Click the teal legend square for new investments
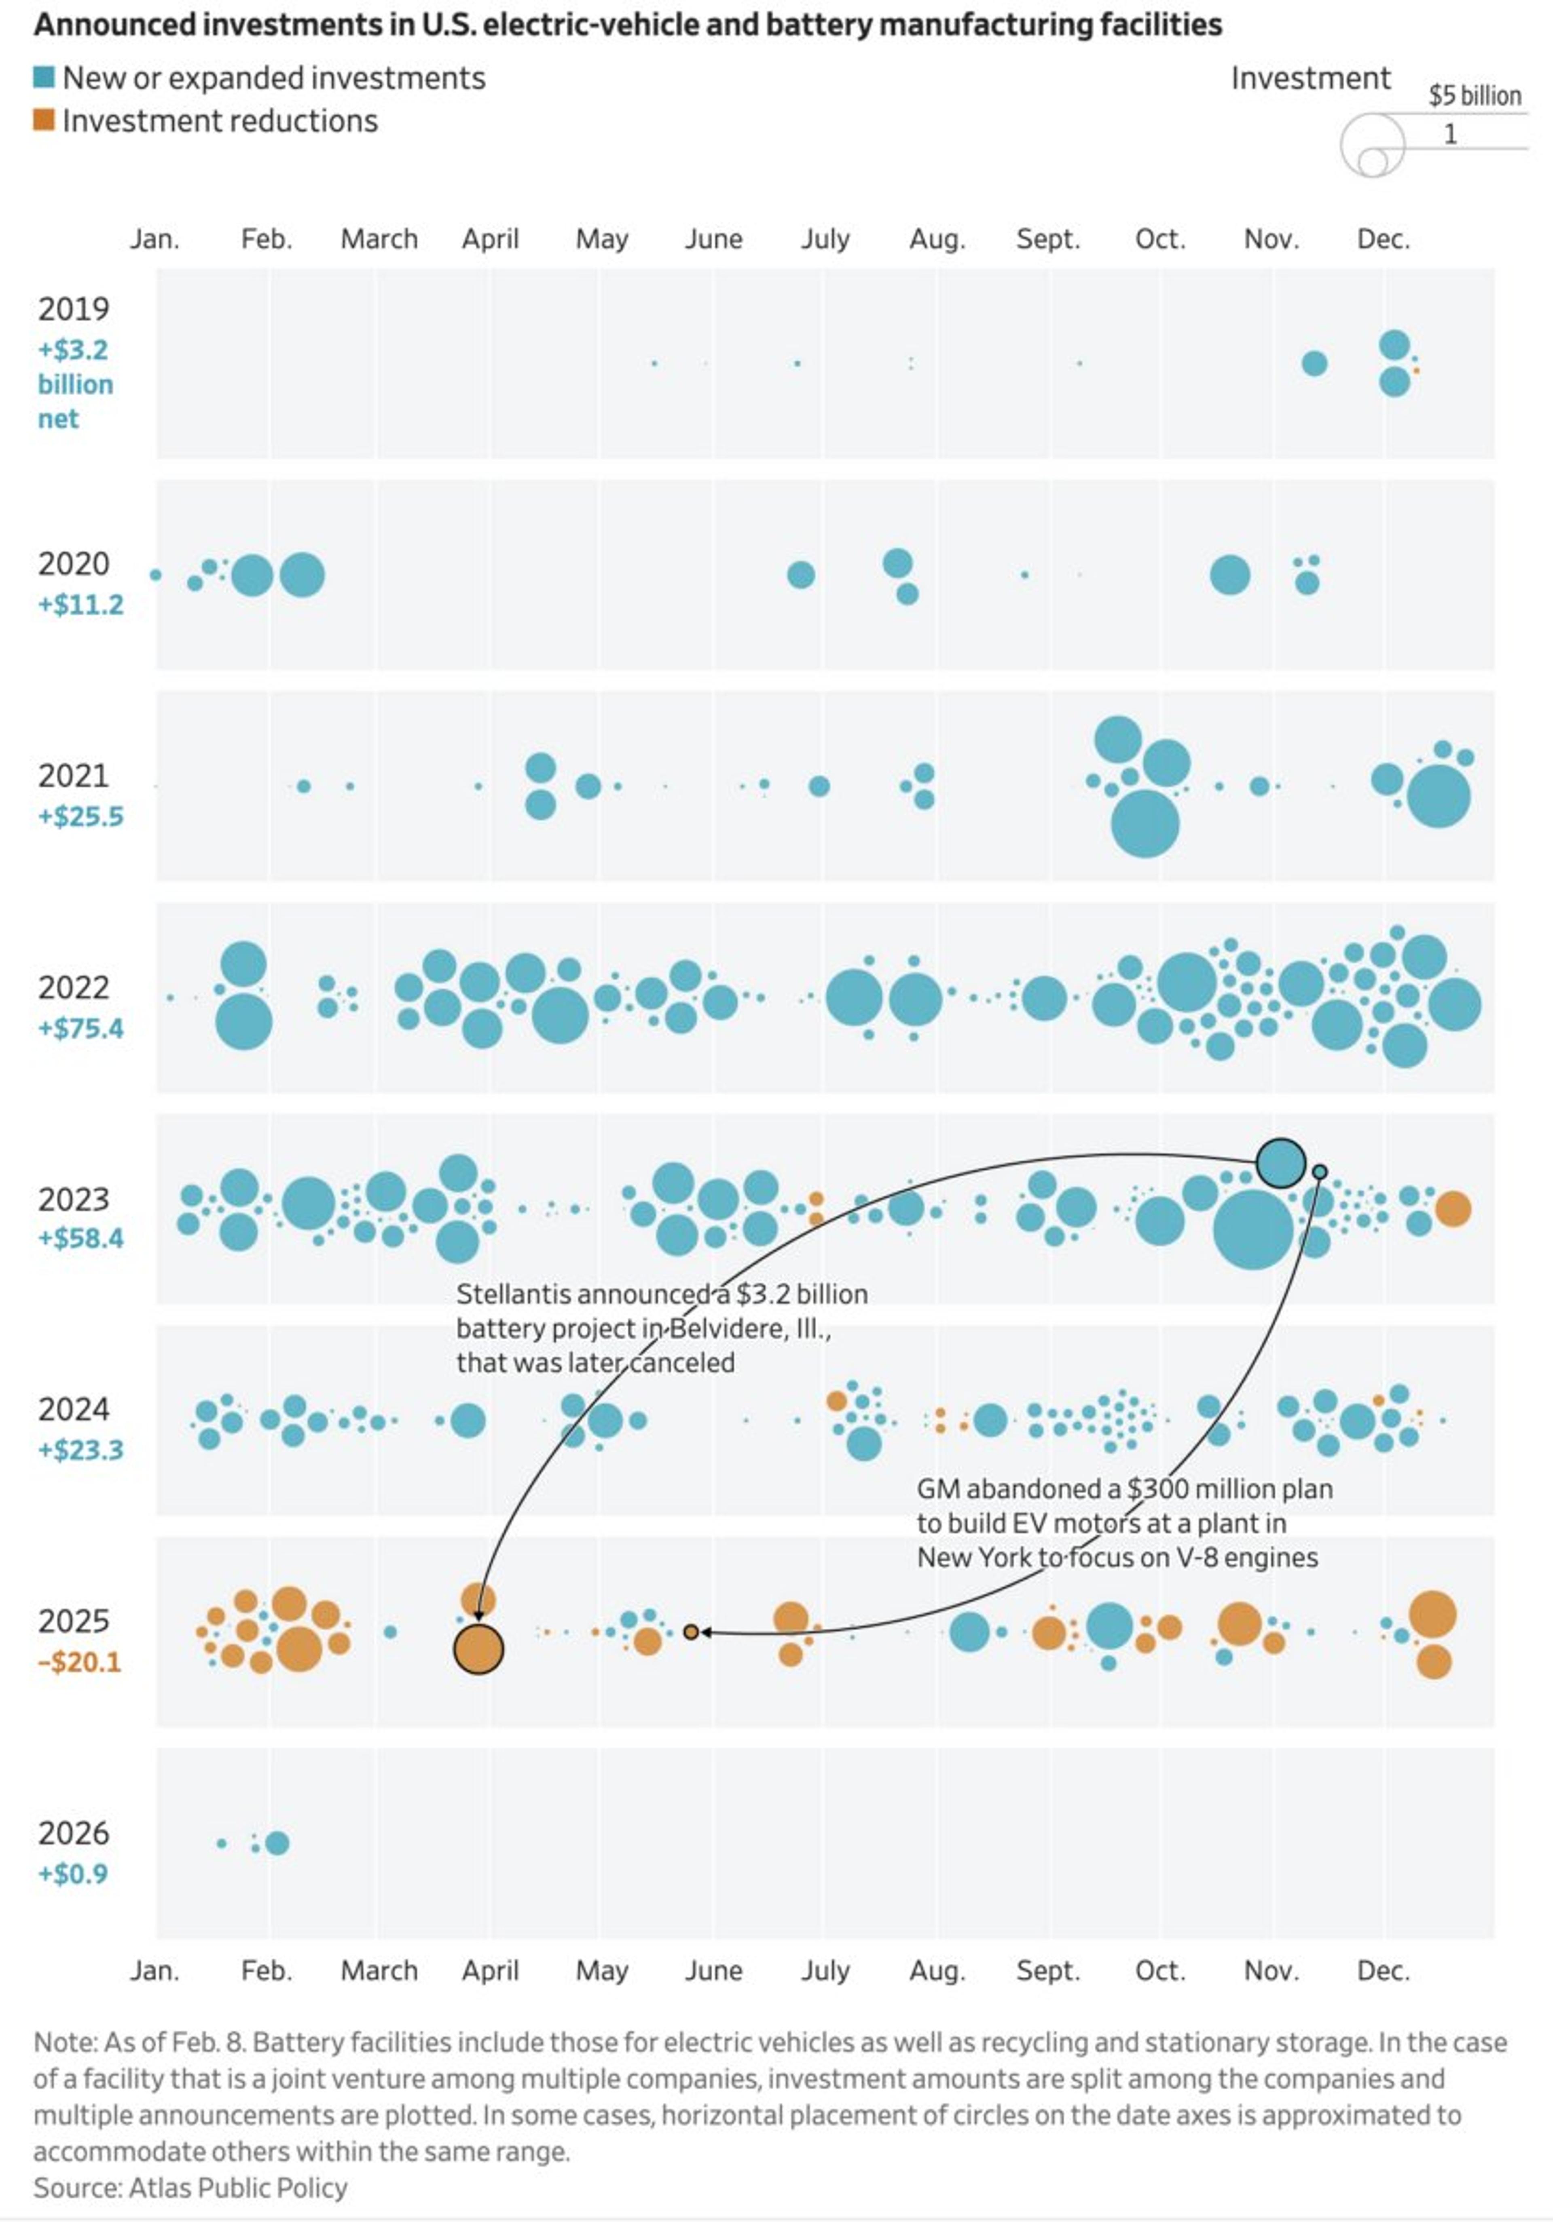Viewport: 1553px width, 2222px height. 44,78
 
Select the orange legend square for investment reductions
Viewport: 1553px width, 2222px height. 44,120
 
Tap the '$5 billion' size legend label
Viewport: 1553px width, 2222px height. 1474,96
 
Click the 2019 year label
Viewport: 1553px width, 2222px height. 74,310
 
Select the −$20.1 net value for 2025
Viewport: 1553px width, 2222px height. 79,1663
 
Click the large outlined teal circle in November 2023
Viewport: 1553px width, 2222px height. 1280,1163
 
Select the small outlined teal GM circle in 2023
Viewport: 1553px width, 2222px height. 1319,1172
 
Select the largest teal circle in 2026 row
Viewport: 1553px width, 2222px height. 277,1844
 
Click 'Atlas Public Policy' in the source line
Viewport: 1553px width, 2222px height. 238,2188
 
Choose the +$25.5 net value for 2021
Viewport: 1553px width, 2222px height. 80,817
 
